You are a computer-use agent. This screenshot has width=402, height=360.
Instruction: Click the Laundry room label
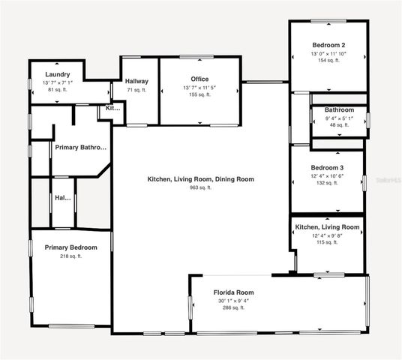pos(58,74)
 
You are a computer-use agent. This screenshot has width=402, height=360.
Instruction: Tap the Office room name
pos(199,79)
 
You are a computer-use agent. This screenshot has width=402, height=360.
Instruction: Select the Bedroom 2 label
pos(328,45)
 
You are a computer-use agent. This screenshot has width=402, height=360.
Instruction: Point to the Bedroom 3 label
pos(328,167)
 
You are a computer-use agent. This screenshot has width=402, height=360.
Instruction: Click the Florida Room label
pos(233,292)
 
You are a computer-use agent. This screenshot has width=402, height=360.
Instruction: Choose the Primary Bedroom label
pos(70,247)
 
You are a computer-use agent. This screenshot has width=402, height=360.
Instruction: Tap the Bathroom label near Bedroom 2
pos(339,109)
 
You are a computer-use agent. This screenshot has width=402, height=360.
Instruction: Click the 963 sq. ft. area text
pos(199,188)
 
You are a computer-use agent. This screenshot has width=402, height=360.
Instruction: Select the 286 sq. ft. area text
pos(233,307)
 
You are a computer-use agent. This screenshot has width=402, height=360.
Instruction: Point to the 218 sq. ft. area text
pos(70,256)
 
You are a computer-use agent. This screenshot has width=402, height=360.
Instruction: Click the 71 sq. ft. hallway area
pos(136,90)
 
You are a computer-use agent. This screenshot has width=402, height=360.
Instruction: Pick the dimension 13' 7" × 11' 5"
pos(199,88)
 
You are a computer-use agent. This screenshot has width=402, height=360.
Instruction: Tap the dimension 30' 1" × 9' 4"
pos(233,301)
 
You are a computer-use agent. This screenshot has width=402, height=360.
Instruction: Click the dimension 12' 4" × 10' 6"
pos(328,175)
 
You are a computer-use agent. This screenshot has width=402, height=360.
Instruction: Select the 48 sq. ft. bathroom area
pos(339,125)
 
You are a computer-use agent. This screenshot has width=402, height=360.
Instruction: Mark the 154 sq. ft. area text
pos(328,61)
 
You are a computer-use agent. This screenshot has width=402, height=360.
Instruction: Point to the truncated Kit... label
pos(112,108)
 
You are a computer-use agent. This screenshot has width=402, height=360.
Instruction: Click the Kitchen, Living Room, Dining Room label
pos(200,179)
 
